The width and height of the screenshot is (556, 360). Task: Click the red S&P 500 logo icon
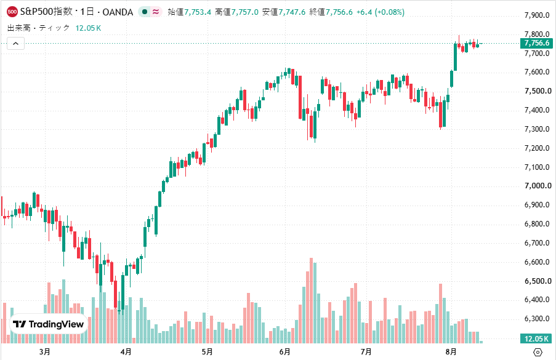click(x=12, y=12)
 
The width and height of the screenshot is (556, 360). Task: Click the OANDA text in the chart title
click(x=118, y=12)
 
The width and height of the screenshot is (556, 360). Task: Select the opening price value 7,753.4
click(x=198, y=12)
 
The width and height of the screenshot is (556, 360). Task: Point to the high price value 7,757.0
click(x=245, y=12)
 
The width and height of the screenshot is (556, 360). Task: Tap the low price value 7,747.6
click(x=292, y=12)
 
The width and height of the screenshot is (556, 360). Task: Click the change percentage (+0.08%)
click(x=389, y=12)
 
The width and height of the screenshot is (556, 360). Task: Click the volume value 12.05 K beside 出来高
click(x=88, y=28)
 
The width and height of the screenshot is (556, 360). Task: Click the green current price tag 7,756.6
click(x=536, y=43)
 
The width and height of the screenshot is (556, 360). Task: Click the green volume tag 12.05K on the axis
click(x=536, y=338)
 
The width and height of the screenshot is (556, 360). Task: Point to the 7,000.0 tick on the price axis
click(x=537, y=186)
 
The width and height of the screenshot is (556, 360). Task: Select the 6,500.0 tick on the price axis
click(x=537, y=281)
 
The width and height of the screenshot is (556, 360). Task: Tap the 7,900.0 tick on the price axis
click(x=537, y=15)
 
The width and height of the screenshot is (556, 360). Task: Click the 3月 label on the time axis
click(x=45, y=352)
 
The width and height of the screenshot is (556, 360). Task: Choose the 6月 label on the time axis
click(x=284, y=352)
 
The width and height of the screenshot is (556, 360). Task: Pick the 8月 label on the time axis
click(x=451, y=352)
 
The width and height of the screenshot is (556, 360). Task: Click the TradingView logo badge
click(x=49, y=324)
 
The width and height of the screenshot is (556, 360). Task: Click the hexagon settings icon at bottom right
click(x=538, y=352)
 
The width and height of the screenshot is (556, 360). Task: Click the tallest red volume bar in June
click(x=312, y=300)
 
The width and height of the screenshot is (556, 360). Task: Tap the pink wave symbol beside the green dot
click(x=156, y=12)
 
